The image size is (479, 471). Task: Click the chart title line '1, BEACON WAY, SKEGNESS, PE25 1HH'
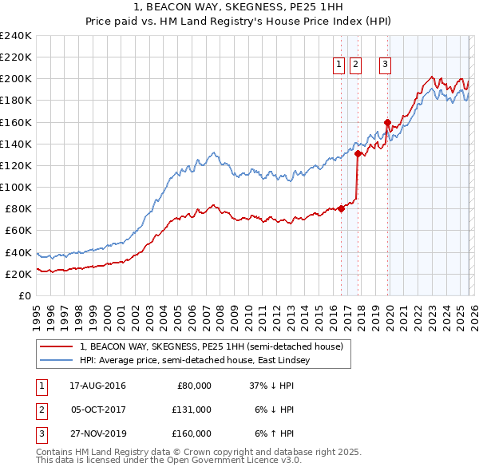click(239, 7)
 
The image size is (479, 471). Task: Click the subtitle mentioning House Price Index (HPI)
click(239, 21)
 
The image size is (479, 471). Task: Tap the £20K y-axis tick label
click(18, 274)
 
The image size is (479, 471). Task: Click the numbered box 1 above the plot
click(338, 65)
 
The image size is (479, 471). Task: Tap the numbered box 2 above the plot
click(355, 65)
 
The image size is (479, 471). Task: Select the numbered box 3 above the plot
click(385, 65)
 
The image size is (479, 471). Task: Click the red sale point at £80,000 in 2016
click(341, 208)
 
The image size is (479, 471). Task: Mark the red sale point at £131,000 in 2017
click(358, 153)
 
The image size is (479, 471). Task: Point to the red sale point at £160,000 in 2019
click(388, 122)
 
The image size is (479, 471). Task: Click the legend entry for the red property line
click(211, 346)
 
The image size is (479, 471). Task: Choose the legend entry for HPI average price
click(199, 360)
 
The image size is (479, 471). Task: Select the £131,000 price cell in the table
click(192, 409)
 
